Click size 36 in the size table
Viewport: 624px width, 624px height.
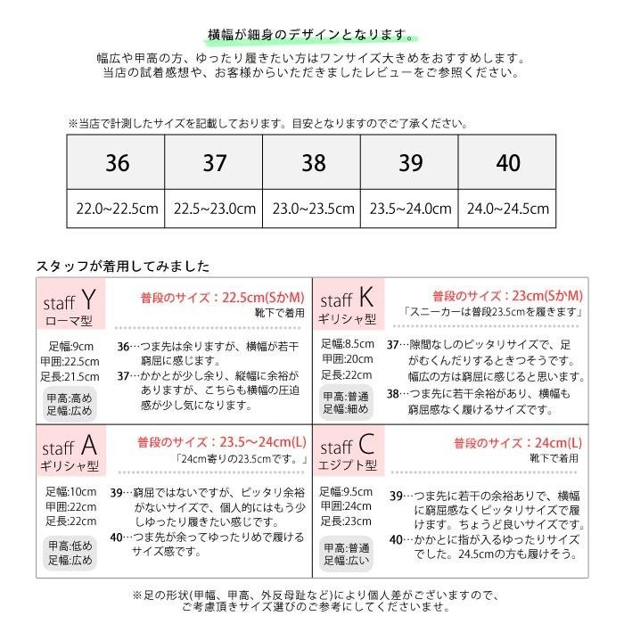tap(116, 163)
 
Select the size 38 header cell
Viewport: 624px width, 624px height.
tap(314, 163)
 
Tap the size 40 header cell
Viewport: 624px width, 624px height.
tap(508, 163)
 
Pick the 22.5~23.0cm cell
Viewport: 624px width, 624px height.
tap(214, 209)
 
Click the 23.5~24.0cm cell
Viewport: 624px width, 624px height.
tap(411, 209)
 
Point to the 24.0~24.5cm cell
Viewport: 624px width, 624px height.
tap(508, 209)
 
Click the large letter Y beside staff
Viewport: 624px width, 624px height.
tap(87, 298)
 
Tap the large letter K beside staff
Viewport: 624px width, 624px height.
tap(365, 298)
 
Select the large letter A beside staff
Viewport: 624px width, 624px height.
tap(88, 444)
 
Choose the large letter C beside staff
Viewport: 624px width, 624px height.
tap(366, 444)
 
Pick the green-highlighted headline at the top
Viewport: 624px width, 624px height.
tap(311, 34)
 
